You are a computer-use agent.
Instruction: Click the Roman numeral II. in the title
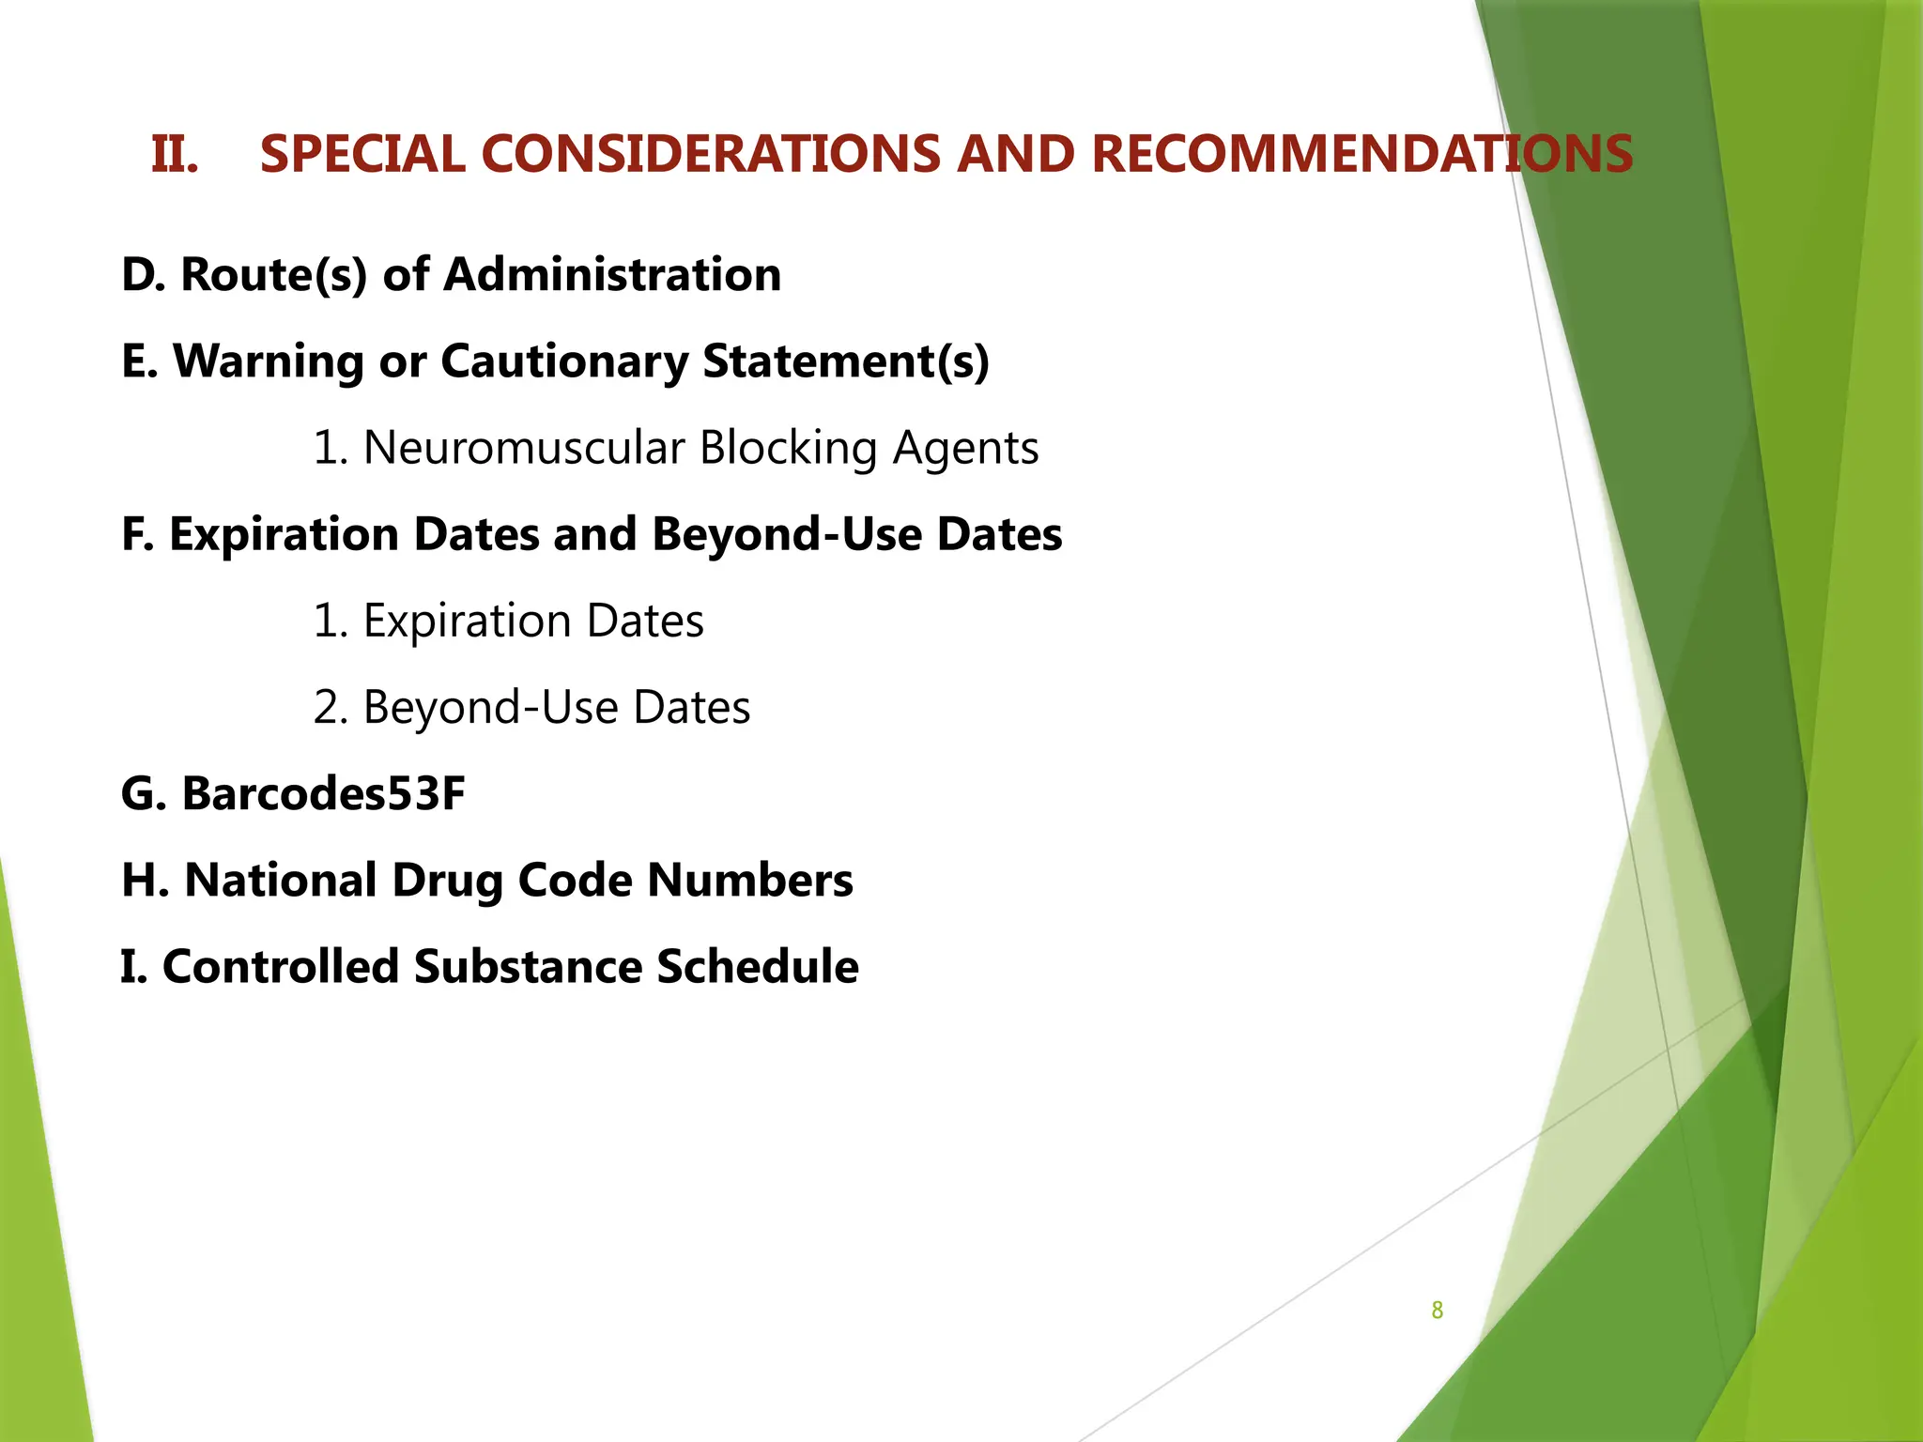point(175,154)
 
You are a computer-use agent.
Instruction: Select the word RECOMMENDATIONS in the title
point(1361,154)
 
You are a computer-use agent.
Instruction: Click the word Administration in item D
point(611,275)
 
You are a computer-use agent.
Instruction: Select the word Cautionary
point(563,361)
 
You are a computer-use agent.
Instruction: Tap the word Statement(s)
point(846,361)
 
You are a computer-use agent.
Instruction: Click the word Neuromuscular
point(524,448)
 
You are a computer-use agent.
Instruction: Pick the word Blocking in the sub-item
point(788,448)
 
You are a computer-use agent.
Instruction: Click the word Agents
point(965,448)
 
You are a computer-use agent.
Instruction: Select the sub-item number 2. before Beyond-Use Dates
point(331,708)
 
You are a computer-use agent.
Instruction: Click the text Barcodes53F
point(323,794)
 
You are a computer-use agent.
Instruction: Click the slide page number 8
point(1437,1311)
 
